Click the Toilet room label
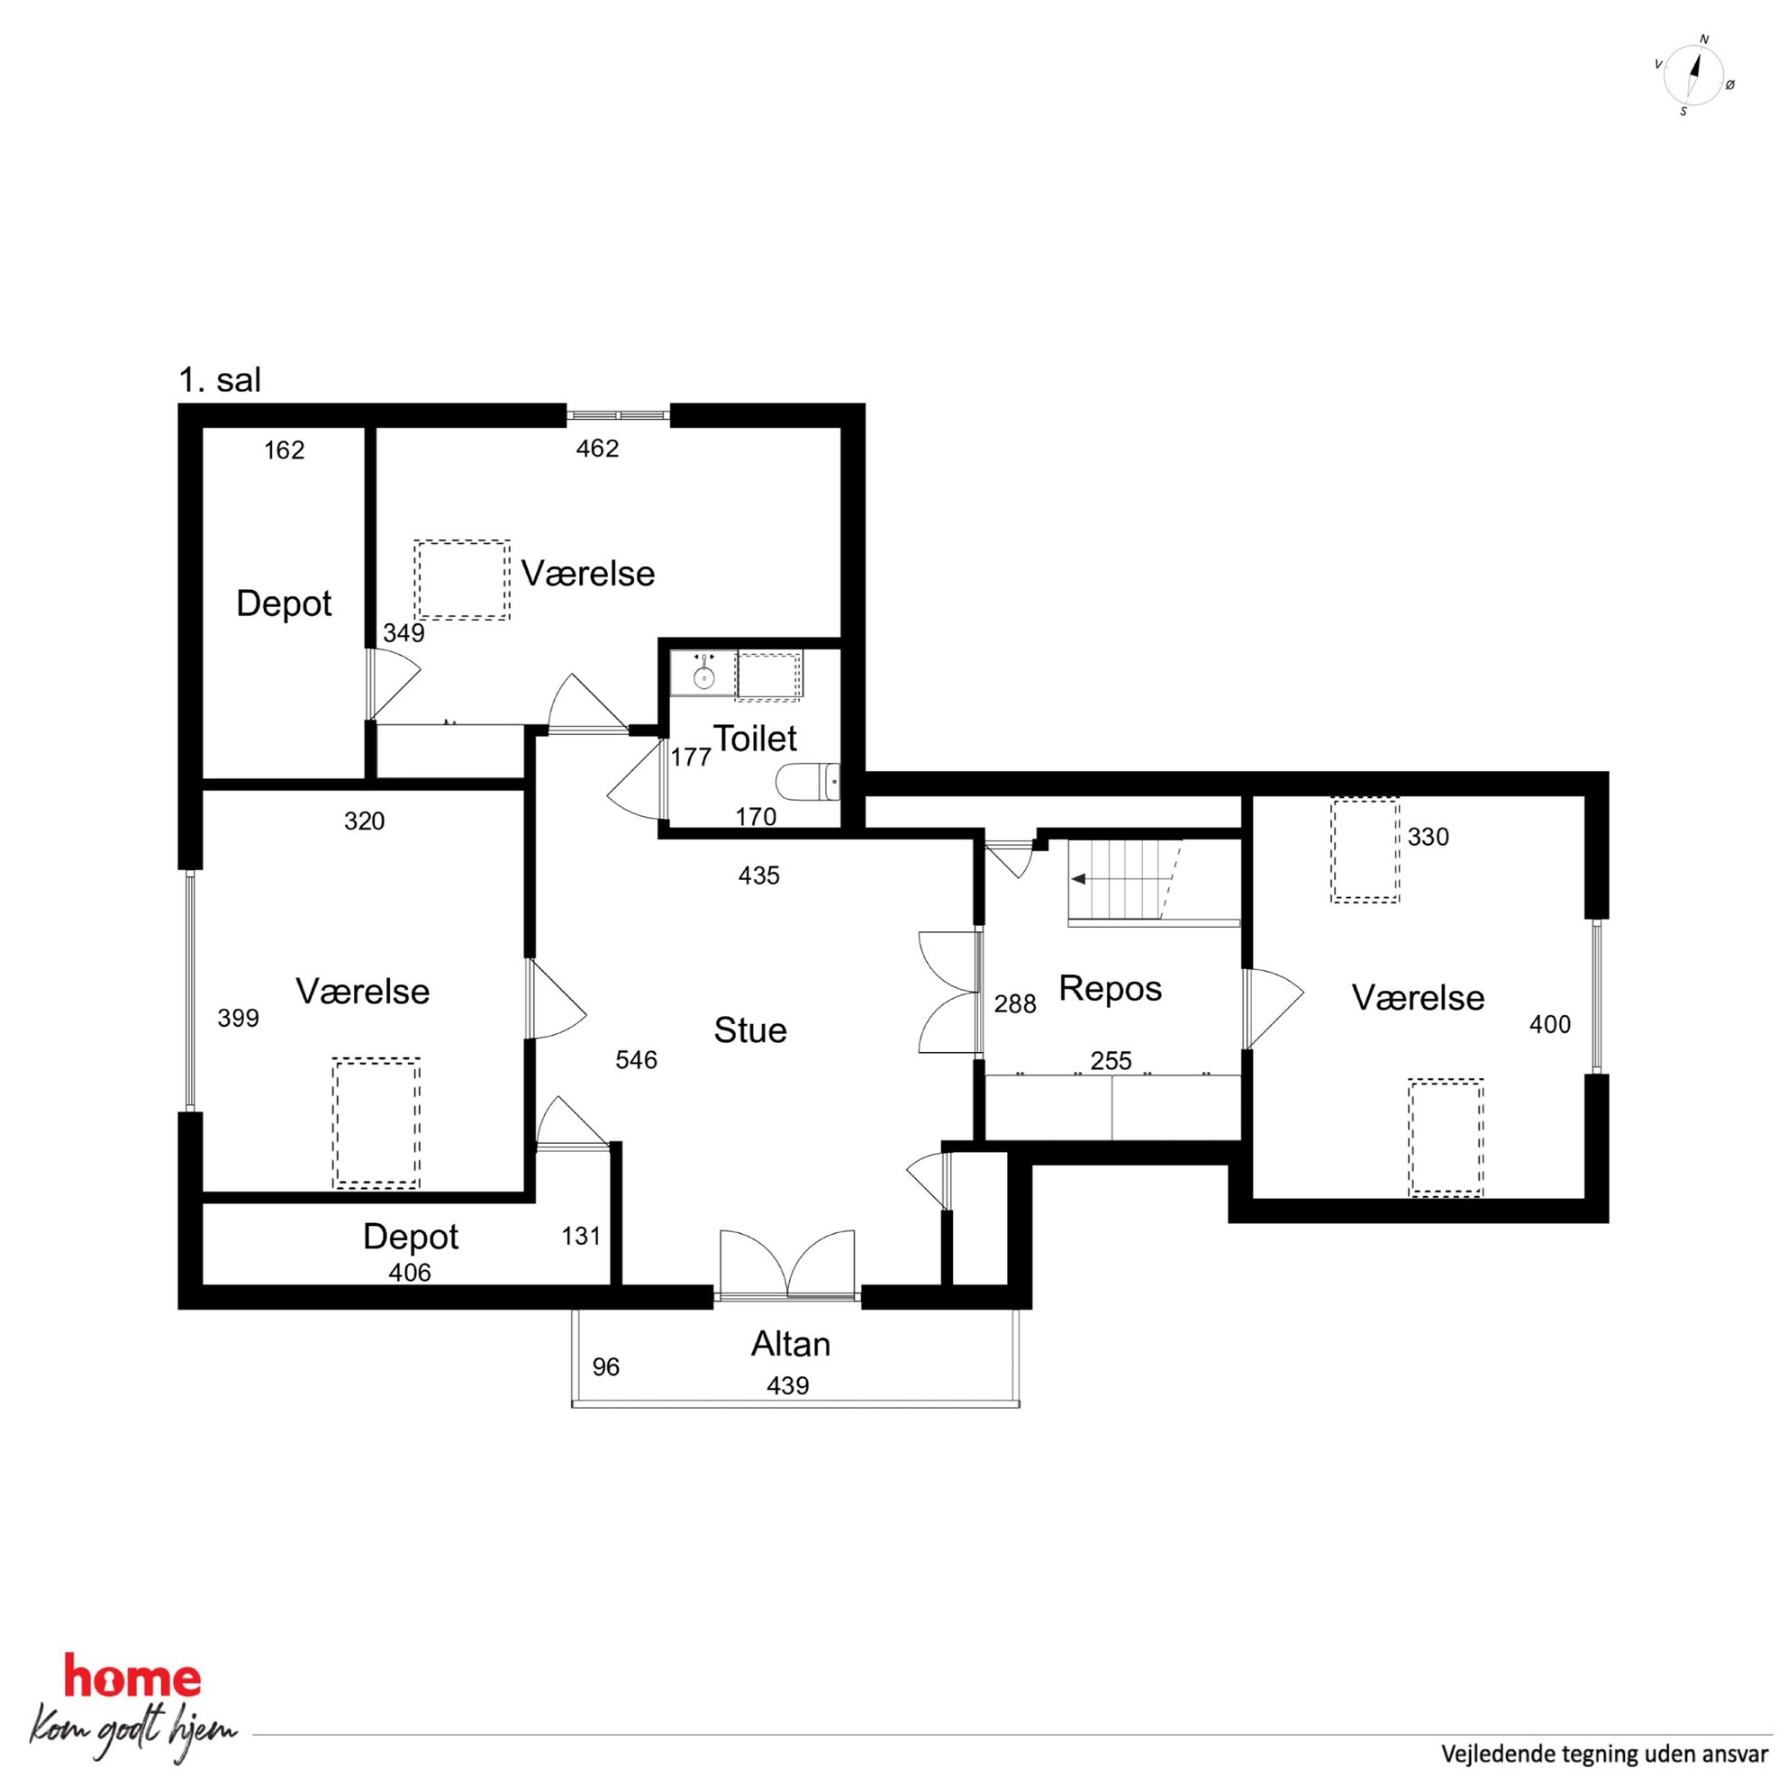pos(755,738)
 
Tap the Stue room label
pos(750,1030)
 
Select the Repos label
pos(1110,989)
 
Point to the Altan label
pos(791,1344)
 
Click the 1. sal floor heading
pos(220,380)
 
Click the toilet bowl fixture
pos(807,783)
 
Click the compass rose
pos(1694,76)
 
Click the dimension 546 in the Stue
pos(637,1060)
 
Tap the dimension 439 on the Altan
pos(788,1385)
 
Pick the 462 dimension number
pos(597,449)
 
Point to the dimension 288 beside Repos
pos(1015,1004)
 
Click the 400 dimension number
pos(1550,1025)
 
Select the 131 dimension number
pos(581,1237)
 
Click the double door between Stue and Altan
pos(787,1265)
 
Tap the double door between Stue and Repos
pos(949,993)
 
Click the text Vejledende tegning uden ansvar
pos(1605,1754)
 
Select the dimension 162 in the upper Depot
pos(284,450)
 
